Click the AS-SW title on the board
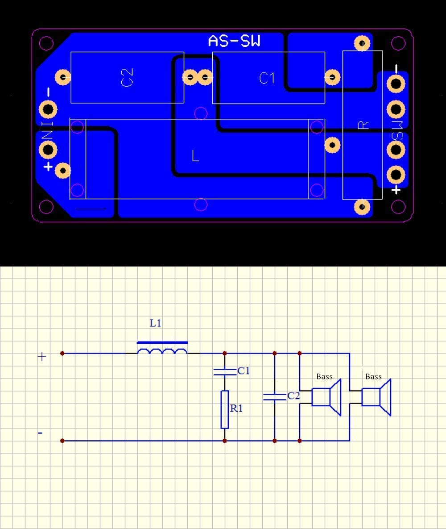tap(234, 41)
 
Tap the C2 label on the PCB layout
tap(127, 77)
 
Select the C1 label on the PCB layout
tap(267, 78)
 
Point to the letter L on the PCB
tap(195, 155)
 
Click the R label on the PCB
tap(363, 125)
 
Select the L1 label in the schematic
tap(155, 323)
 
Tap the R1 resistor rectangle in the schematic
tap(224, 409)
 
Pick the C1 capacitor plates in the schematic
tap(225, 372)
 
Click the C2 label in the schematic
tap(293, 396)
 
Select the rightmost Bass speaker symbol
tap(376, 397)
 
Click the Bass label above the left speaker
tap(324, 376)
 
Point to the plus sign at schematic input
tap(42, 357)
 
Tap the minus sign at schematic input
tap(40, 433)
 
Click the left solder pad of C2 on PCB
tap(63, 77)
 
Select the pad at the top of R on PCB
tap(362, 43)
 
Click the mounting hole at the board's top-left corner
tap(46, 43)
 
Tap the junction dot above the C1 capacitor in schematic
tap(225, 353)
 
